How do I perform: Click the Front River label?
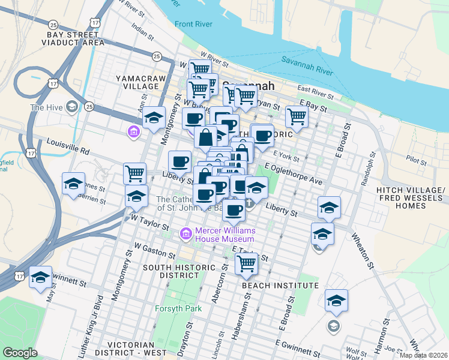(x=194, y=25)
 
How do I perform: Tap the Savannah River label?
(x=307, y=65)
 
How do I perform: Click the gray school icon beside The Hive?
(x=71, y=107)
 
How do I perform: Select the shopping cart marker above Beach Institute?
(x=246, y=263)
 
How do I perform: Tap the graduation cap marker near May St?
(x=40, y=277)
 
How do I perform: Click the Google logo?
(x=20, y=353)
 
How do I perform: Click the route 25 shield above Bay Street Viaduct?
(x=53, y=25)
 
